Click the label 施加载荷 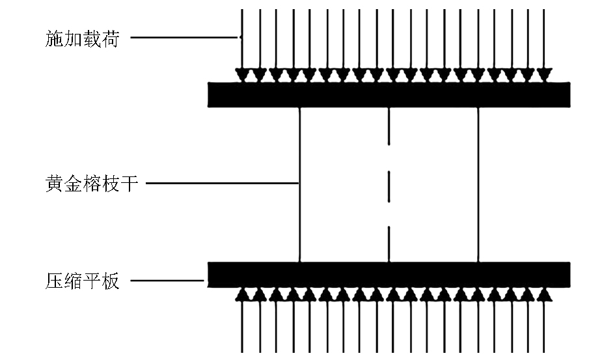pyautogui.click(x=82, y=39)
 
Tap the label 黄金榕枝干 pyautogui.click(x=92, y=184)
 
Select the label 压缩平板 pyautogui.click(x=82, y=281)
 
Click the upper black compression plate pyautogui.click(x=389, y=94)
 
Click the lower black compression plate pyautogui.click(x=389, y=275)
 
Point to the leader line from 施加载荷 pyautogui.click(x=184, y=38)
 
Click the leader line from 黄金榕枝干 pyautogui.click(x=223, y=183)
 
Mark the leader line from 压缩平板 pyautogui.click(x=167, y=281)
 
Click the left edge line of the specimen pyautogui.click(x=300, y=185)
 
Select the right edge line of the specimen pyautogui.click(x=478, y=185)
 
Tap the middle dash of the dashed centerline pyautogui.click(x=389, y=186)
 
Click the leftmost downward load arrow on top pyautogui.click(x=241, y=46)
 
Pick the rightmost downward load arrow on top pyautogui.click(x=545, y=46)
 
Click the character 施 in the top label pyautogui.click(x=54, y=39)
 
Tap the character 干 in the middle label pyautogui.click(x=130, y=184)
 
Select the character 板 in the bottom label pyautogui.click(x=111, y=281)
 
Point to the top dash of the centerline pyautogui.click(x=389, y=126)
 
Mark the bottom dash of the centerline pyautogui.click(x=389, y=244)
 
